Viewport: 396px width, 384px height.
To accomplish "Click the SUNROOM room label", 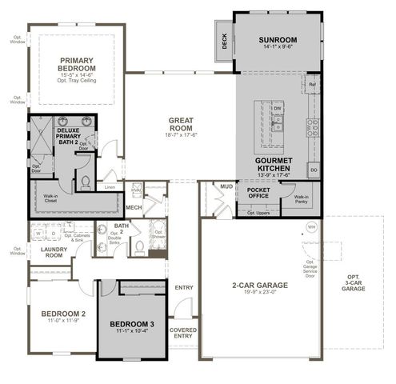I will [278, 40].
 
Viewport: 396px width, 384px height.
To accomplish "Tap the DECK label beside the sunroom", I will [225, 42].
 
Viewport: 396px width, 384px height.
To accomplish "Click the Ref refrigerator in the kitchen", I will [312, 84].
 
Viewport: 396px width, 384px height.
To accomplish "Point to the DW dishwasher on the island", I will [278, 108].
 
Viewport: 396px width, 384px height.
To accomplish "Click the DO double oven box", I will [313, 170].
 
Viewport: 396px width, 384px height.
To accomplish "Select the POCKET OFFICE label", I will [257, 192].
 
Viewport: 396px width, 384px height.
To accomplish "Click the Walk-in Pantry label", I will [302, 199].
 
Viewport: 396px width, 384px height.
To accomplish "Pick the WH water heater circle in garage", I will [312, 227].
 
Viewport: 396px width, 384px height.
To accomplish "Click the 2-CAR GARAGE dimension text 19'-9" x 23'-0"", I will [254, 292].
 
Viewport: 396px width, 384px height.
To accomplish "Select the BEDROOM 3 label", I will [133, 324].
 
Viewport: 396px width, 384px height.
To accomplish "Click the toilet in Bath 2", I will [136, 246].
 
